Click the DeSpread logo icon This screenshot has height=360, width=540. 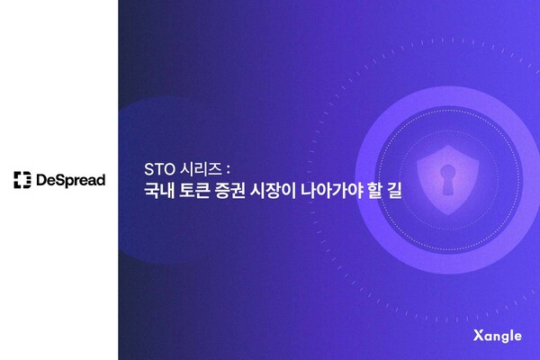pos(22,180)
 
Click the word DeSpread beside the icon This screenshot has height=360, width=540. pos(71,180)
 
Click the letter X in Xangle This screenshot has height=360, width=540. pos(476,336)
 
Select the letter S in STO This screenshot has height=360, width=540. pos(148,168)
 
